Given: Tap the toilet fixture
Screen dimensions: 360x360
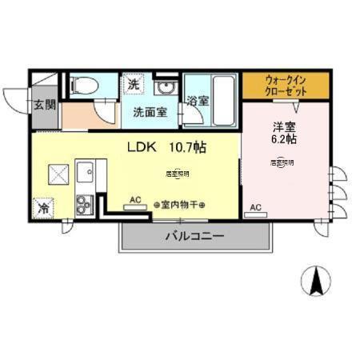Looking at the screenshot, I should tap(83, 84).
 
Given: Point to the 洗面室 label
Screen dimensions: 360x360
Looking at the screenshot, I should tap(150, 113).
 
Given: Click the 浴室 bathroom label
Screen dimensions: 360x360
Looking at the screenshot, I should tap(198, 102).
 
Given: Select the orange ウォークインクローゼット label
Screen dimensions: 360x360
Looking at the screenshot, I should tap(286, 85).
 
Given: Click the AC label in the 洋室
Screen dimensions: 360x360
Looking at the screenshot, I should tap(256, 206).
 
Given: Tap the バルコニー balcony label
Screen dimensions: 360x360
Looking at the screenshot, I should tap(194, 236).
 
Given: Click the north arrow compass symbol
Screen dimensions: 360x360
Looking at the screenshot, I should tap(316, 281).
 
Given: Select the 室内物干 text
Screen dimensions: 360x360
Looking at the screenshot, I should tap(179, 205).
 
